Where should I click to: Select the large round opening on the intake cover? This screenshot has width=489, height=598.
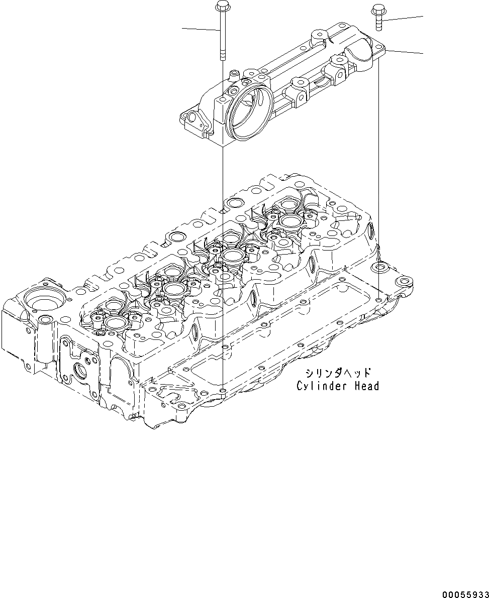(249, 110)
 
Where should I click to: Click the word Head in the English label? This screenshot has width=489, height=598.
(364, 386)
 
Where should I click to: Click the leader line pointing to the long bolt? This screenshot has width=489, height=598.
(201, 29)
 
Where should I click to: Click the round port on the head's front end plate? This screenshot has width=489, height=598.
(80, 372)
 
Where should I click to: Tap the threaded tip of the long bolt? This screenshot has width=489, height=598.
(221, 56)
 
